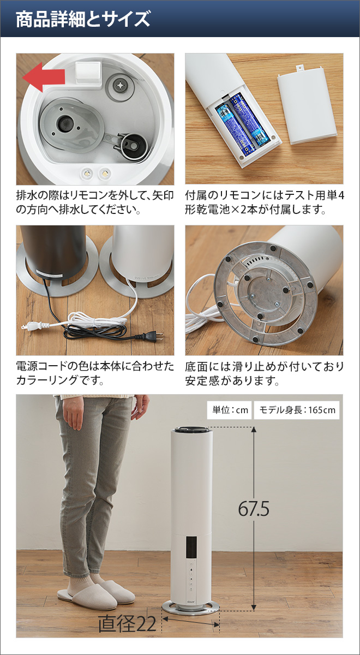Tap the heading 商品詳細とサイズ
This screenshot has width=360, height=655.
point(83,20)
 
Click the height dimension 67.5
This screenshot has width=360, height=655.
point(254,509)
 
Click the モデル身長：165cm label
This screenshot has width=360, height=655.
point(297,410)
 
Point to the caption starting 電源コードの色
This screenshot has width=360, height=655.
point(95,372)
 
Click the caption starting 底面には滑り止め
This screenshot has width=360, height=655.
point(264,372)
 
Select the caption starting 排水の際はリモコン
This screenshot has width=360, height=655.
point(95,202)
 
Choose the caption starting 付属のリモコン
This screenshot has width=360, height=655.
point(264,202)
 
